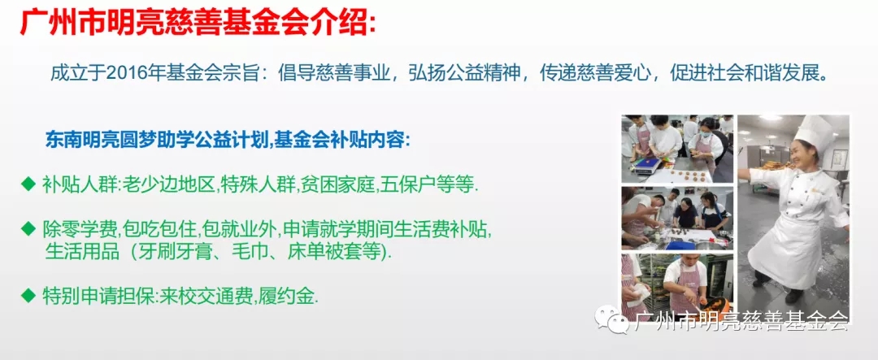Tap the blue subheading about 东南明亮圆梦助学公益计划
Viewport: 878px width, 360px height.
[228, 140]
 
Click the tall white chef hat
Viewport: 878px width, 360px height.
[814, 132]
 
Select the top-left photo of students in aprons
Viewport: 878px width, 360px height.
[677, 149]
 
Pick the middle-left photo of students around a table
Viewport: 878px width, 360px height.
[677, 218]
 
